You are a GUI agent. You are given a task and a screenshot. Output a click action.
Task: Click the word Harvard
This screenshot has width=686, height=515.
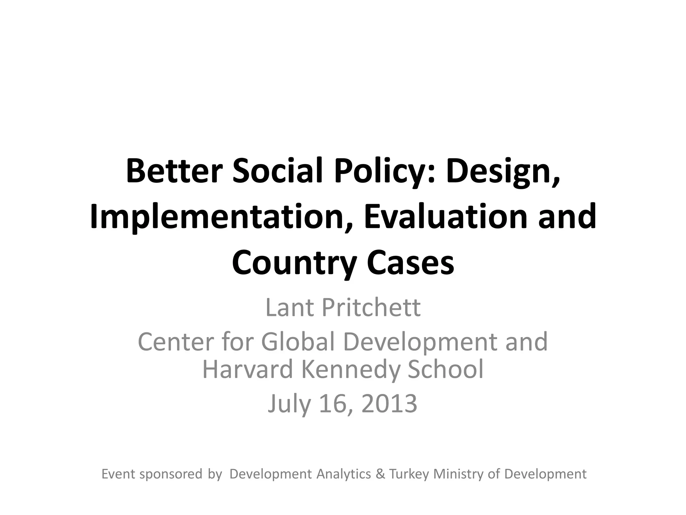248,369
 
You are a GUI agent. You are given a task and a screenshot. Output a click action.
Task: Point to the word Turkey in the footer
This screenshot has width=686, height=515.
409,474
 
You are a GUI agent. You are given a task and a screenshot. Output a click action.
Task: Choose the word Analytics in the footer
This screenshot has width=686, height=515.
344,474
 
